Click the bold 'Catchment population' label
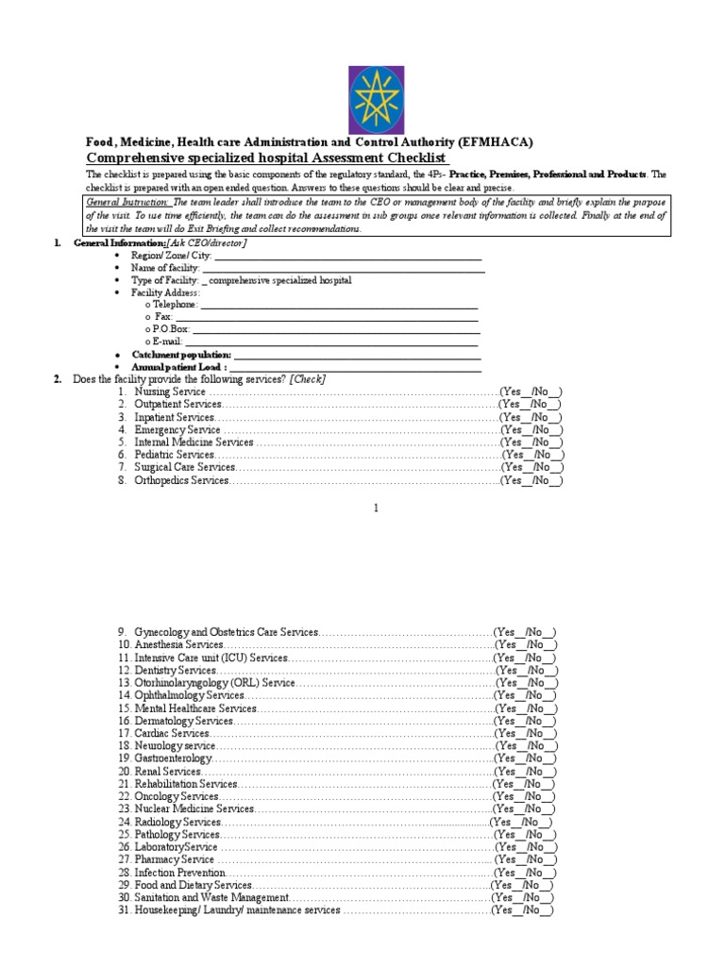(x=181, y=354)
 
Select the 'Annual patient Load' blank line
(x=356, y=366)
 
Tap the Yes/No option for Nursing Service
(x=531, y=391)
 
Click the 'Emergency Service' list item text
(x=177, y=429)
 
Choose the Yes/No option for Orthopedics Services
(x=531, y=481)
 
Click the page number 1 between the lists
(x=375, y=508)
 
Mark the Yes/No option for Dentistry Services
(x=527, y=670)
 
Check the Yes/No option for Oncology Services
(x=525, y=797)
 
